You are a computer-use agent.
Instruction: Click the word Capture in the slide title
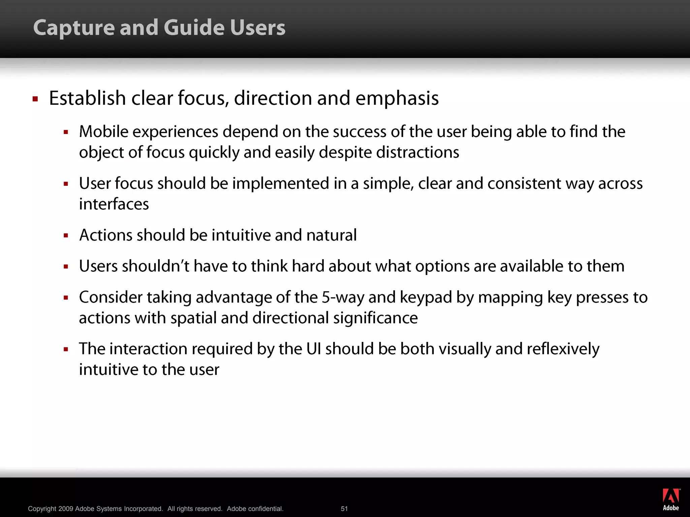click(x=73, y=28)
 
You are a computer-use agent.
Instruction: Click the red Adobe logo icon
click(x=671, y=496)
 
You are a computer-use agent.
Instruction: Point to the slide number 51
click(x=344, y=509)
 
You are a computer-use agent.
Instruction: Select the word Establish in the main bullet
click(x=88, y=98)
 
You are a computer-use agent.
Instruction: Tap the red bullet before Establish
click(x=35, y=99)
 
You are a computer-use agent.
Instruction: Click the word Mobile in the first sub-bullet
click(x=103, y=132)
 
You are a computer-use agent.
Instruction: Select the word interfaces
click(x=114, y=204)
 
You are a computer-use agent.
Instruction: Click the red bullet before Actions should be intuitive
click(x=66, y=236)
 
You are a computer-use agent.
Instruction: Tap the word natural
click(x=332, y=235)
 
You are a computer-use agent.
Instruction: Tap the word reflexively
click(x=563, y=349)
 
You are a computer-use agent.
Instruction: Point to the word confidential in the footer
click(x=266, y=509)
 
